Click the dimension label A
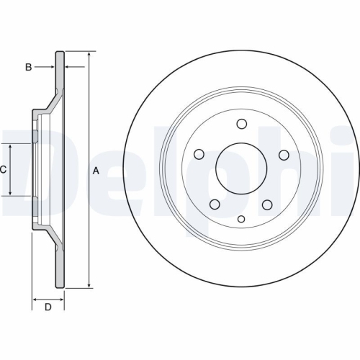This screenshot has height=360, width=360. tap(94, 170)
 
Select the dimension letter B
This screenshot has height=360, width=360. tap(29, 68)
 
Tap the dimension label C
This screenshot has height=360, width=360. tap(4, 170)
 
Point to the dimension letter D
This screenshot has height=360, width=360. tap(48, 307)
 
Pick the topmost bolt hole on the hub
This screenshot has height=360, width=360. tap(241, 122)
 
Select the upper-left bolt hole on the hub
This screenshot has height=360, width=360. tap(199, 154)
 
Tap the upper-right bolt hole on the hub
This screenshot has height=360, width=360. tap(284, 154)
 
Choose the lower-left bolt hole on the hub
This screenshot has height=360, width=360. tap(215, 204)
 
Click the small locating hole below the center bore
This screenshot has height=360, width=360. tap(241, 218)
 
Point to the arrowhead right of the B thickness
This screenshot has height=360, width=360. tap(70, 68)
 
